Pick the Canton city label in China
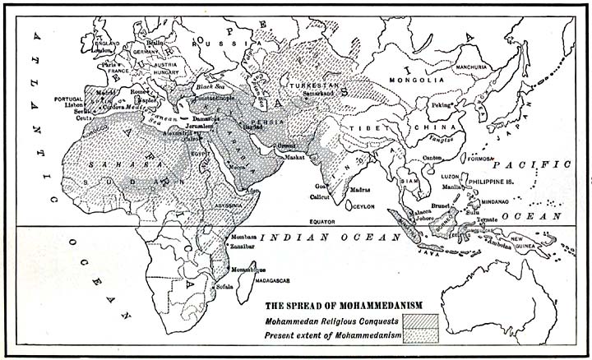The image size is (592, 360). [433, 159]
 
